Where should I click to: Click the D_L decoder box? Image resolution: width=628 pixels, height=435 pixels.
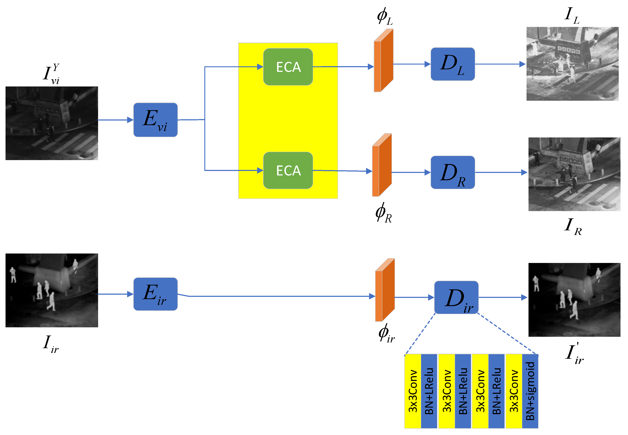[453, 64]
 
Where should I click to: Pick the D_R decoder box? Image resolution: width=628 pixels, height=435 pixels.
[453, 172]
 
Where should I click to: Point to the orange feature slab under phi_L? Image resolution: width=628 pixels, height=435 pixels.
[383, 60]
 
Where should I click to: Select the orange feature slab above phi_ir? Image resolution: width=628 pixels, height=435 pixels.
[385, 290]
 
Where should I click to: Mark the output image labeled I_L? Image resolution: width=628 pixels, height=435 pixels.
[572, 64]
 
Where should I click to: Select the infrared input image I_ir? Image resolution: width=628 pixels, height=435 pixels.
[52, 290]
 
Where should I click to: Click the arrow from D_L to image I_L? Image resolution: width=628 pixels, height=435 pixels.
[500, 64]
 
